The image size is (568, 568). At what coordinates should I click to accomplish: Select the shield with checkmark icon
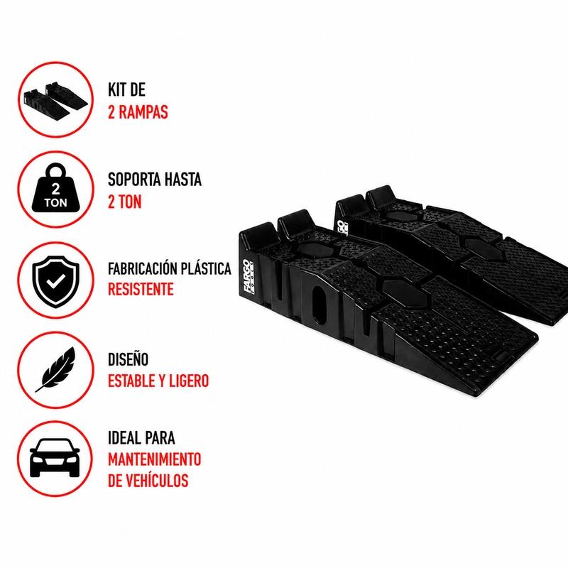(x=55, y=281)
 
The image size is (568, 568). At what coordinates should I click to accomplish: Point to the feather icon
(x=55, y=369)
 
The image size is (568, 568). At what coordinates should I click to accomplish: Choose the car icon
(x=55, y=458)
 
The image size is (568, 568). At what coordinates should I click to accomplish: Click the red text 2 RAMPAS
(x=138, y=112)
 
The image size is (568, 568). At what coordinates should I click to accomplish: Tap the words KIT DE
(x=126, y=90)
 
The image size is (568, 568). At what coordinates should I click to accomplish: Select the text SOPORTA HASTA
(x=155, y=180)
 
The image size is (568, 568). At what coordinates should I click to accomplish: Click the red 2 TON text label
(x=125, y=202)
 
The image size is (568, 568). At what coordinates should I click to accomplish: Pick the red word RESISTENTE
(x=141, y=290)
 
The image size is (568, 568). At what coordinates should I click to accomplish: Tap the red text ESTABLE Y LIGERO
(x=158, y=381)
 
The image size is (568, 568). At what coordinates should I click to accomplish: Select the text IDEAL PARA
(x=141, y=437)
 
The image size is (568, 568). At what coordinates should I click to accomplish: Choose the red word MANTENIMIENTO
(x=154, y=459)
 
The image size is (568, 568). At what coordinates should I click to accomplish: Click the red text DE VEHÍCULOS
(x=148, y=481)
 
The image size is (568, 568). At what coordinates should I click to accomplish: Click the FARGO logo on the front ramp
(x=249, y=276)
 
